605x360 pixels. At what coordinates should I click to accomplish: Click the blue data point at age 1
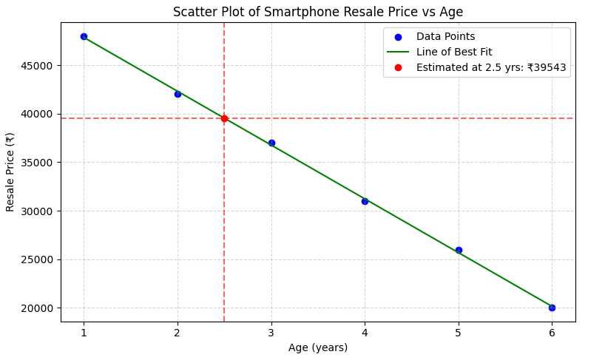[84, 36]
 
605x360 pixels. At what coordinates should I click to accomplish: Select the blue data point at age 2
[178, 94]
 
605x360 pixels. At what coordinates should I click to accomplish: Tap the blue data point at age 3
[271, 143]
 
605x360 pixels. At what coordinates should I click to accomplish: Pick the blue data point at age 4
[365, 201]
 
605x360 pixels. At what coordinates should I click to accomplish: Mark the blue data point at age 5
[459, 250]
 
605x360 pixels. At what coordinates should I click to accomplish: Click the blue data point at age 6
[552, 308]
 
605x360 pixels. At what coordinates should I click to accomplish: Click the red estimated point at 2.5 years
[224, 118]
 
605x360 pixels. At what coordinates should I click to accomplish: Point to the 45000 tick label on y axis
[41, 66]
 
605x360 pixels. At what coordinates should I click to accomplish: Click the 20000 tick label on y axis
[41, 308]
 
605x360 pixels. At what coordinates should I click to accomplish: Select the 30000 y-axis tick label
[41, 211]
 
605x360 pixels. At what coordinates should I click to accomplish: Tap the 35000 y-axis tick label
[41, 163]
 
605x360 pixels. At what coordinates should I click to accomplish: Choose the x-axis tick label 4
[365, 333]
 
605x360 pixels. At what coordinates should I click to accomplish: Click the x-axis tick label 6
[552, 333]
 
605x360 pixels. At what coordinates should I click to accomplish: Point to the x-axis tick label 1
[84, 333]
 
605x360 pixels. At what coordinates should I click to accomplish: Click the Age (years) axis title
[318, 348]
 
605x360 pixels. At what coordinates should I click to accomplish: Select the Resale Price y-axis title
[10, 171]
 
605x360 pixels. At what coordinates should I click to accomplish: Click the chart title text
[318, 12]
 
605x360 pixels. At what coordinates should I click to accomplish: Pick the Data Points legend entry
[445, 37]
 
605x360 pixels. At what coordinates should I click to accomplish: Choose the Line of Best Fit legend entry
[453, 52]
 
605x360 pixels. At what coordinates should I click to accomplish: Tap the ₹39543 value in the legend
[544, 68]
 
